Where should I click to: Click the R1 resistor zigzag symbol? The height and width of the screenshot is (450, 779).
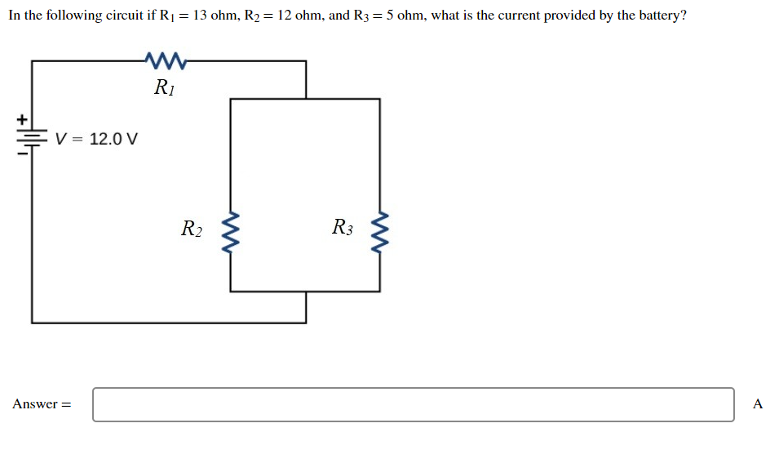click(x=166, y=60)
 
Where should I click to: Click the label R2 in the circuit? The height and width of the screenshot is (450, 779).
click(x=192, y=229)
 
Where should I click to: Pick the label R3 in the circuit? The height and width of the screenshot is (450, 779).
click(x=343, y=228)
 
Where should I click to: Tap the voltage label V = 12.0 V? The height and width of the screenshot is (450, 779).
click(x=97, y=139)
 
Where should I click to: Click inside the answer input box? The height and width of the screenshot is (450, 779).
click(x=413, y=404)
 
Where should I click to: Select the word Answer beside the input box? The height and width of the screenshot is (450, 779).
click(x=36, y=404)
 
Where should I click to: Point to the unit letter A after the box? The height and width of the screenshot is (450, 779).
click(x=758, y=404)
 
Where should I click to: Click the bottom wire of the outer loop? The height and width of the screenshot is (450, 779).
click(x=163, y=323)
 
